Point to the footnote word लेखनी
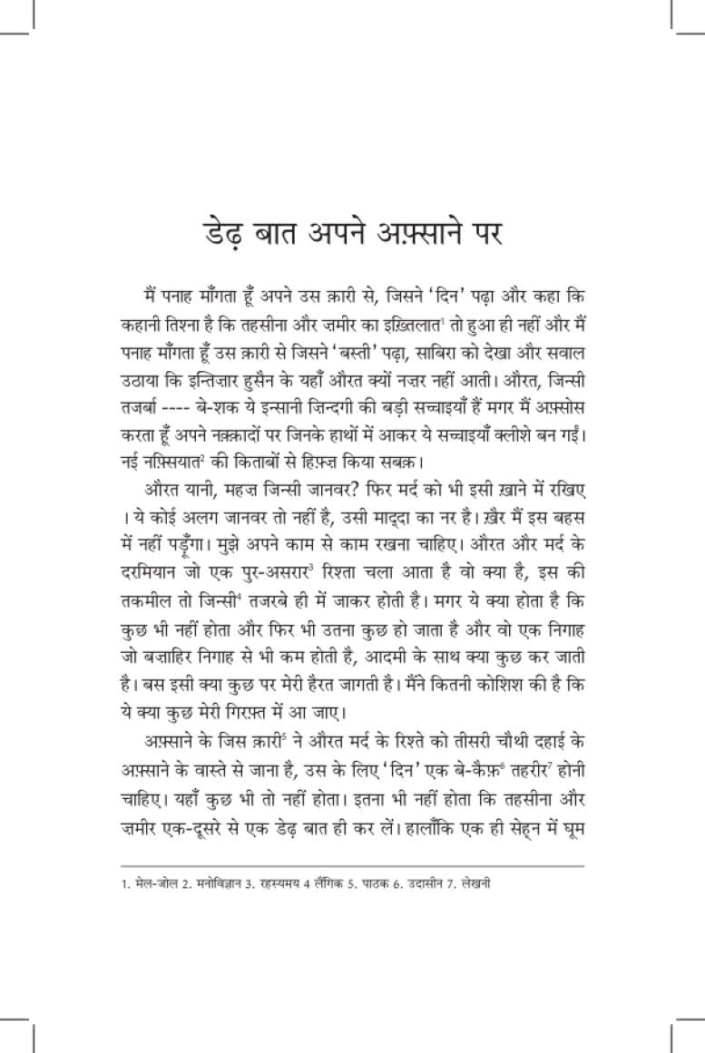(473, 882)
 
